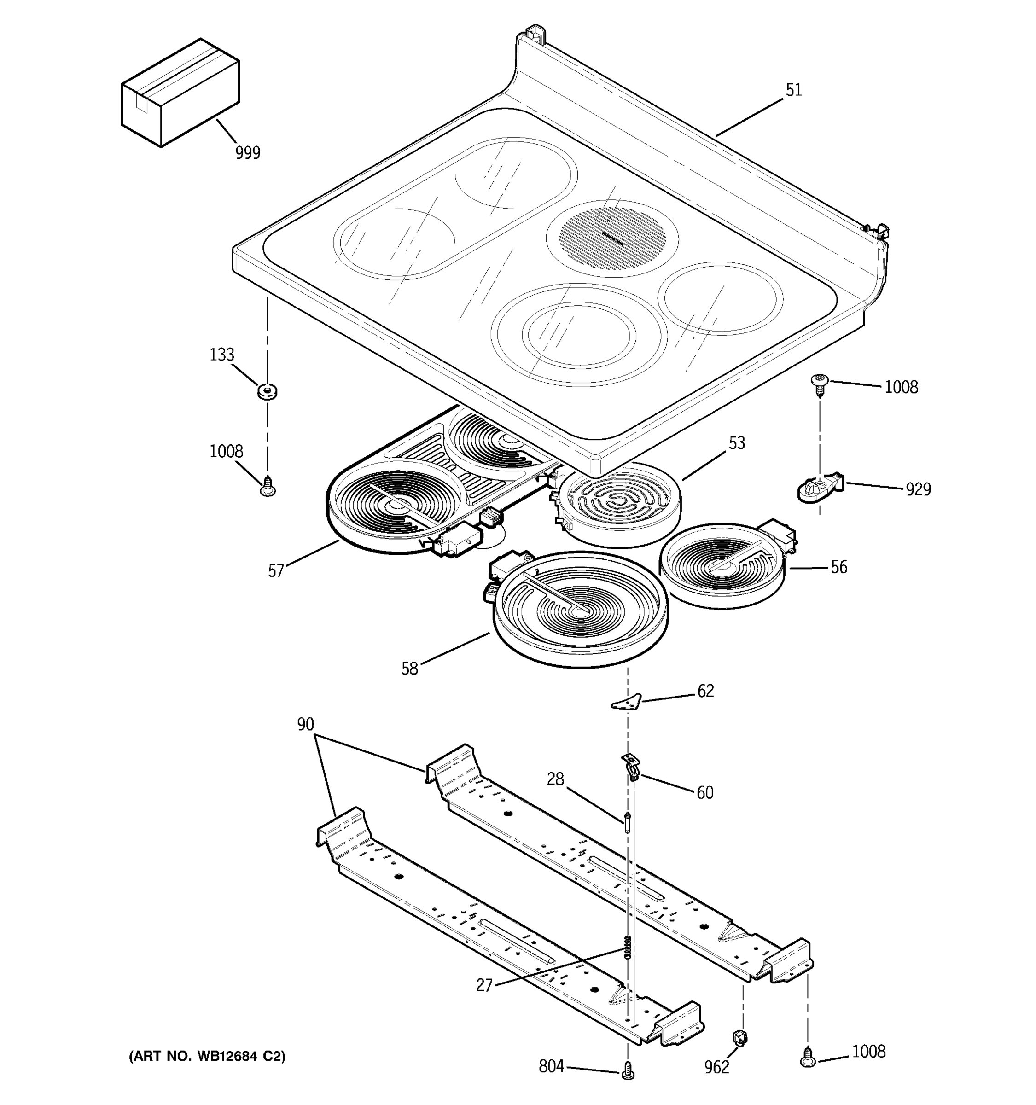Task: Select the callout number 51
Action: [794, 91]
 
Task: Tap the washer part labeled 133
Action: [268, 391]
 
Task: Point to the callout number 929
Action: [918, 489]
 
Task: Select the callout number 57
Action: [276, 571]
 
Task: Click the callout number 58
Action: [410, 669]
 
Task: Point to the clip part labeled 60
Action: [630, 767]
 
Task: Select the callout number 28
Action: [555, 779]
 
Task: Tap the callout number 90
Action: [305, 724]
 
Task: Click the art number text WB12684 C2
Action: [207, 1057]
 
